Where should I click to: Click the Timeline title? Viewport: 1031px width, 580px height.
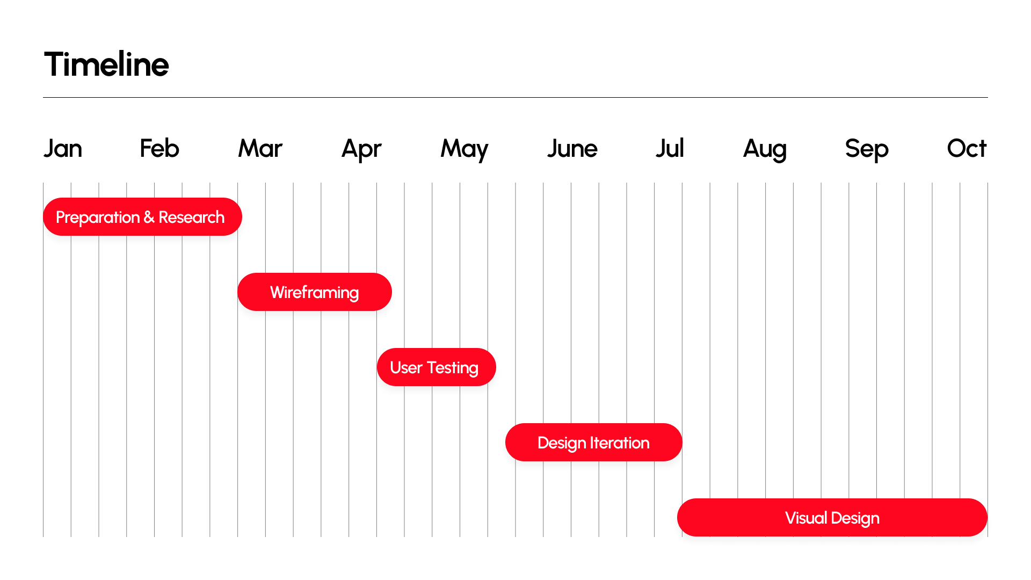point(106,64)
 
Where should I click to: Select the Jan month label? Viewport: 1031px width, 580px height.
point(63,148)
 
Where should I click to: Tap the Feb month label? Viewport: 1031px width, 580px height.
point(159,148)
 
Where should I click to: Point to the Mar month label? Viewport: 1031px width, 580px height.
point(260,148)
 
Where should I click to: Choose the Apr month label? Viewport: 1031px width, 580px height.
point(361,150)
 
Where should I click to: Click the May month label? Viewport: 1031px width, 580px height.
point(464,150)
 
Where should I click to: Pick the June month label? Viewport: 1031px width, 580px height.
point(572,148)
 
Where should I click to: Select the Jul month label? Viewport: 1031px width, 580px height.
point(670,148)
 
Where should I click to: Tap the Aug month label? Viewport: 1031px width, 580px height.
point(765,150)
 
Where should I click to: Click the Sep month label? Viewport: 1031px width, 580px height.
point(867,150)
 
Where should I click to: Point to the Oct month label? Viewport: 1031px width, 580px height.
point(967,148)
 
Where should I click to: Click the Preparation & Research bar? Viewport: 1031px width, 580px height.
point(142,217)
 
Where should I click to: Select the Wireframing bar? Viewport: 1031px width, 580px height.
point(315,292)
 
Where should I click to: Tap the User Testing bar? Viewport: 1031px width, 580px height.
point(437,367)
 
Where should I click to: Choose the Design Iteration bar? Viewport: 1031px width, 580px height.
point(594,443)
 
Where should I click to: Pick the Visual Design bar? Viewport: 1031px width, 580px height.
point(832,518)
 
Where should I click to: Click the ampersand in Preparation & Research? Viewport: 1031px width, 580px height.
point(149,218)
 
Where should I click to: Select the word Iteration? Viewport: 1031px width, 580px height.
point(620,443)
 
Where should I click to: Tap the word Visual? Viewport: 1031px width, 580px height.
point(806,518)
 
